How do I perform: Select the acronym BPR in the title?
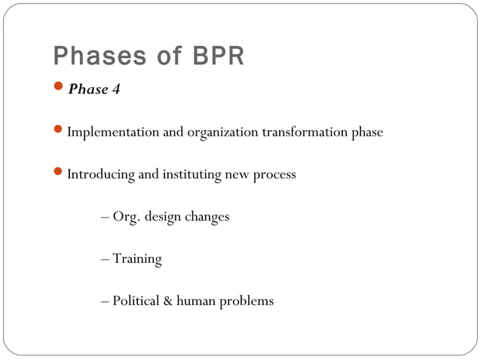coord(218,56)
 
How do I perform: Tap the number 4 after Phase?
coord(116,90)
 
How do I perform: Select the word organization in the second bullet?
coord(222,133)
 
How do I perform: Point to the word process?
coord(274,175)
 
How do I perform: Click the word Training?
coord(137,259)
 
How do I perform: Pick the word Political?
coord(136,301)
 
